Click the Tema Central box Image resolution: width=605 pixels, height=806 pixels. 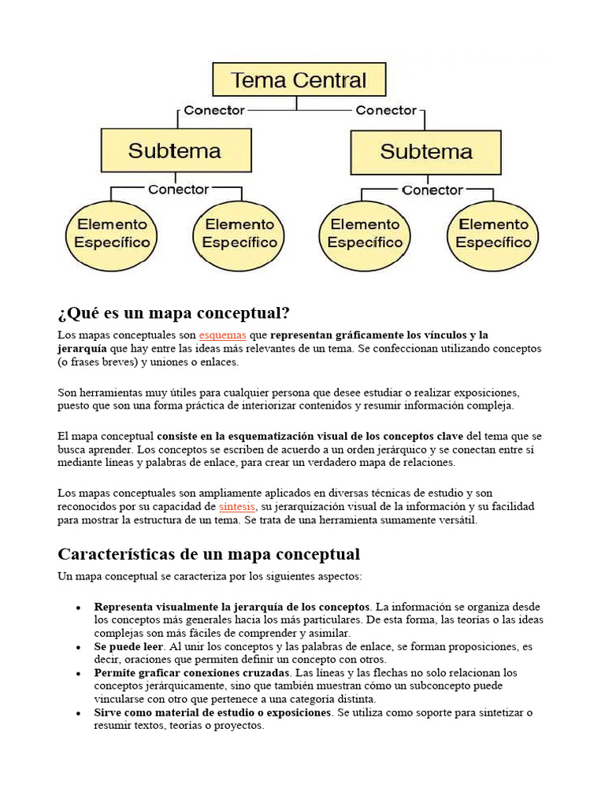coord(299,80)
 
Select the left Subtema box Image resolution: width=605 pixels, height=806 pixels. coord(176,150)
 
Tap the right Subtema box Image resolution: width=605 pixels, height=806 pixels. coord(425,152)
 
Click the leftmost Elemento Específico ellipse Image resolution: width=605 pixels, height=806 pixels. coord(112,234)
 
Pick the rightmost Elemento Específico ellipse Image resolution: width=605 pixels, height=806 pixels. coord(493,234)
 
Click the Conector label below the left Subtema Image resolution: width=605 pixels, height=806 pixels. coord(178,190)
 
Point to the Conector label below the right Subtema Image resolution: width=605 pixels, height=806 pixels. coord(432,190)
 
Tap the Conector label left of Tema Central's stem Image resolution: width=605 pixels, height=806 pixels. coord(214,110)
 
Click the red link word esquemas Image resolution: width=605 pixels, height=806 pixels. coord(222,335)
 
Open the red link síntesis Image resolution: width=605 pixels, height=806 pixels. coord(236,506)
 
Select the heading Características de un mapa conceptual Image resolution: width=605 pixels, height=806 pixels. coord(209,554)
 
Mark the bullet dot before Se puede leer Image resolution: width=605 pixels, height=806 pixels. coord(78,647)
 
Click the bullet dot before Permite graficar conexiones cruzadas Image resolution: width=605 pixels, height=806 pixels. coord(78,674)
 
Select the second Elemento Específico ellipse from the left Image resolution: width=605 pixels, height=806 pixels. coord(239,234)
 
